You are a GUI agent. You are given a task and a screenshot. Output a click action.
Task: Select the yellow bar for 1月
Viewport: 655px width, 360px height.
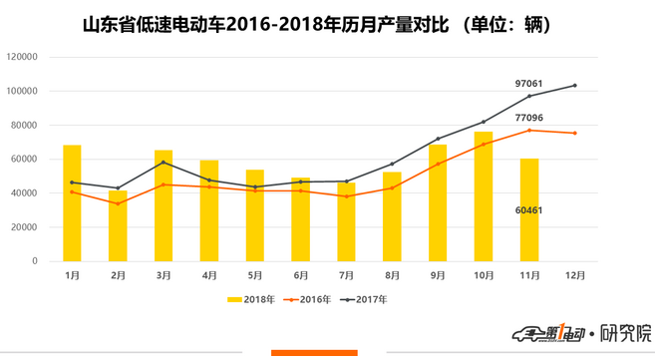tap(72, 203)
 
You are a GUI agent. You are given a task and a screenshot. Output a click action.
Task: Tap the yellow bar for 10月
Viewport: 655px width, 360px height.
tap(484, 196)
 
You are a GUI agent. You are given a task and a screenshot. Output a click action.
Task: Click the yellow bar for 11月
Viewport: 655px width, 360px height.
tap(529, 209)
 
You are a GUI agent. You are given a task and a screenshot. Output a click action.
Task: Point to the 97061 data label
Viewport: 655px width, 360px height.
tap(529, 84)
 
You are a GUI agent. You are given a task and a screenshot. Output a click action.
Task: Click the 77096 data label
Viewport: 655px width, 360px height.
tap(529, 118)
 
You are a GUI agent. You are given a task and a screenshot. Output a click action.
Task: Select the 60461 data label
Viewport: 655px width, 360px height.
tap(529, 210)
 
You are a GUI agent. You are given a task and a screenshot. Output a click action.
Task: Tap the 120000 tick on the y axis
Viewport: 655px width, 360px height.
tap(23, 57)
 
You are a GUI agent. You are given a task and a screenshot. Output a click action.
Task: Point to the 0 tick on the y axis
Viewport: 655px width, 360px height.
tap(35, 261)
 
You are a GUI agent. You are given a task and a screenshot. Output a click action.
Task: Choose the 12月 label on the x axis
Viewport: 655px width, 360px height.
tap(575, 273)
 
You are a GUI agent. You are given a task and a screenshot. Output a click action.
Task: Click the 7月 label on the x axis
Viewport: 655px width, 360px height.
tap(346, 273)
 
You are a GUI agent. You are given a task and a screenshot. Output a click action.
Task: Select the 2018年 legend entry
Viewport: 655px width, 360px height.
tap(249, 298)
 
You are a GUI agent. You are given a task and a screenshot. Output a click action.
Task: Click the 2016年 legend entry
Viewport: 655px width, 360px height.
tap(308, 298)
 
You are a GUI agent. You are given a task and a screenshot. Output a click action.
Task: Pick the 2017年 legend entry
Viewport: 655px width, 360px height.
tap(365, 298)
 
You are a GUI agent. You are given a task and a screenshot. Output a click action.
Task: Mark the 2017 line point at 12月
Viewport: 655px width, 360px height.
tap(575, 85)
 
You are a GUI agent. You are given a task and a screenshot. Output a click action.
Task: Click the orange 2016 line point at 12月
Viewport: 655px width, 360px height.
tap(575, 133)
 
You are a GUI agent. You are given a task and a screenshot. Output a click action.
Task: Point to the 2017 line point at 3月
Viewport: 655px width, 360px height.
tap(164, 163)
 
